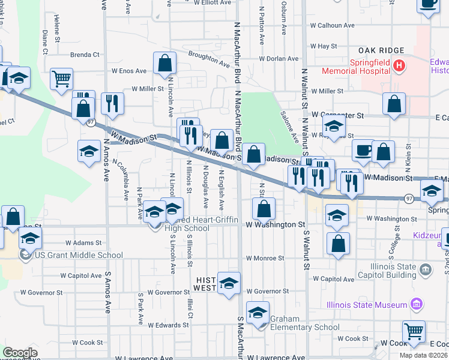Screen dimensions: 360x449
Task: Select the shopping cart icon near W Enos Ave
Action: point(61,79)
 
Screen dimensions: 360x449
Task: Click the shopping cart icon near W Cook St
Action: point(413,331)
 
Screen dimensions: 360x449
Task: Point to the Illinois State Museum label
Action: point(367,305)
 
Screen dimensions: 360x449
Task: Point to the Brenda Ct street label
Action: point(85,55)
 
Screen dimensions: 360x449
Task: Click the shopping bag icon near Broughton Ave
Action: point(164,64)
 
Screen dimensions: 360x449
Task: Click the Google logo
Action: point(20,352)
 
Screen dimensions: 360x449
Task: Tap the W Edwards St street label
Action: point(169,325)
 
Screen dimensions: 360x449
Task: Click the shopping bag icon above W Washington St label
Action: point(264,209)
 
